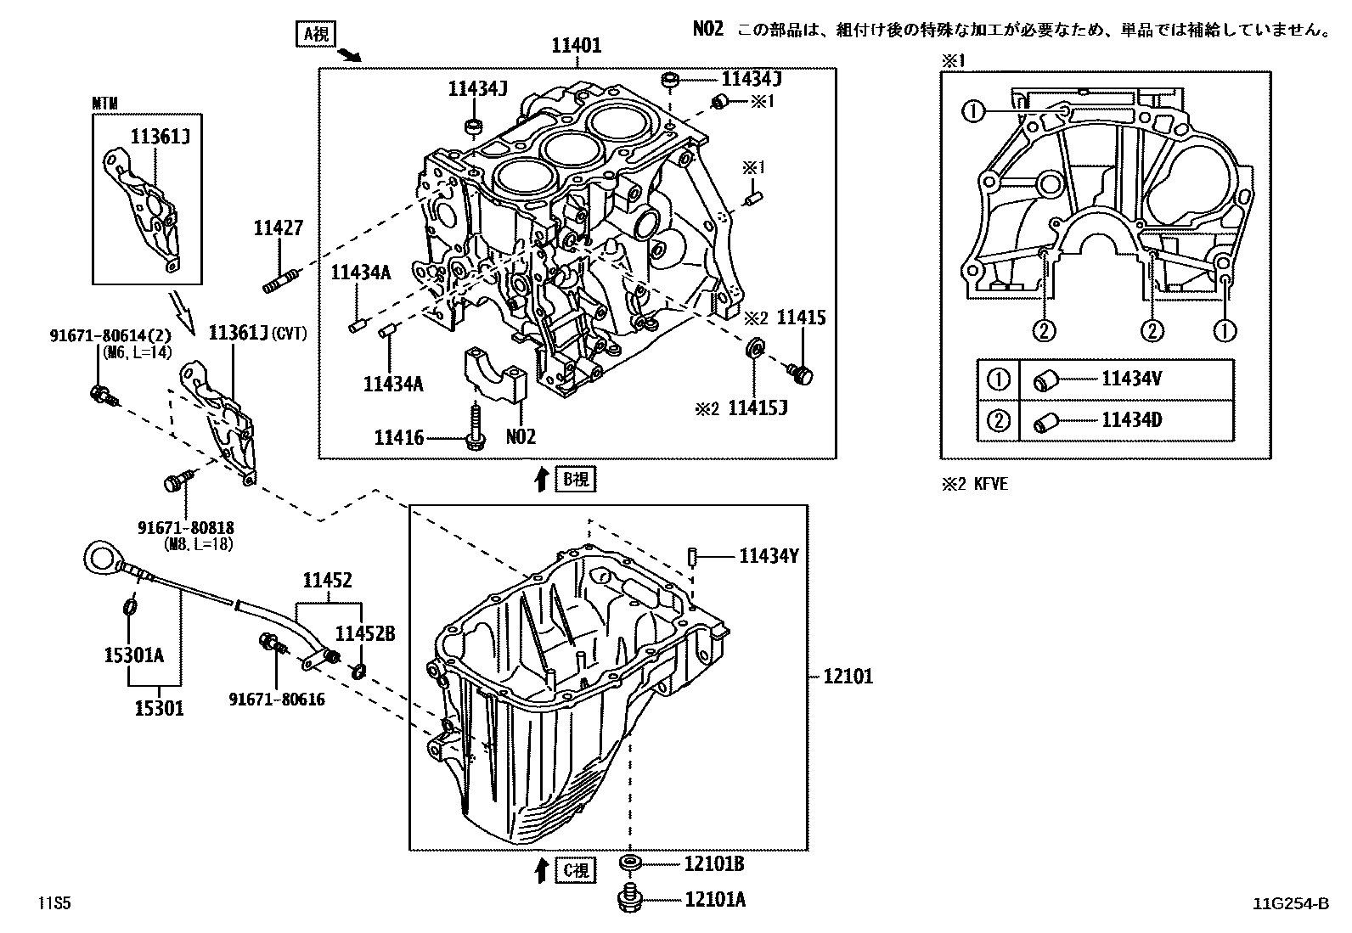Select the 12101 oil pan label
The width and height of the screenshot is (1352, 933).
pos(847,677)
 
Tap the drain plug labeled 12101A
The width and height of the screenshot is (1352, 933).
pos(628,898)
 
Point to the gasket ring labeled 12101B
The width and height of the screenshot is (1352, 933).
pos(629,864)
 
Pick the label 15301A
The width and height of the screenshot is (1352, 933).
pos(133,655)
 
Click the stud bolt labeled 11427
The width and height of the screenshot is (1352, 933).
pos(282,280)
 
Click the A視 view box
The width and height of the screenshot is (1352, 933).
pos(315,34)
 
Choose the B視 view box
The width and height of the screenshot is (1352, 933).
pos(576,479)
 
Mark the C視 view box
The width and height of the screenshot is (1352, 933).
pos(576,870)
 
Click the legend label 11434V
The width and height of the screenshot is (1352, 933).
pos(1130,379)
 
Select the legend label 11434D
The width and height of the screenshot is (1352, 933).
pos(1130,419)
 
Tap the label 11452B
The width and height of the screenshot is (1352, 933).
pos(364,633)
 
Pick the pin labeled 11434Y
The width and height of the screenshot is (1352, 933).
pos(692,557)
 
